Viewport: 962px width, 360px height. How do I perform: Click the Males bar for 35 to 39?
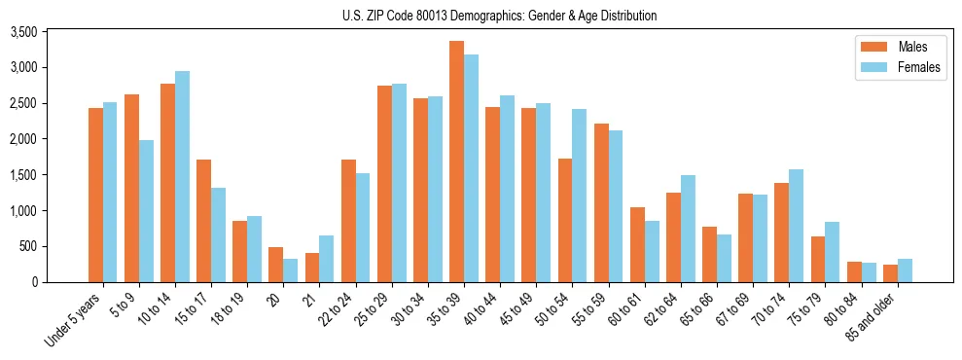tap(456, 162)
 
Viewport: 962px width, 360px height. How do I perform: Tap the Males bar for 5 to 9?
tap(131, 188)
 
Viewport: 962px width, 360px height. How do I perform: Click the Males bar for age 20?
tap(275, 265)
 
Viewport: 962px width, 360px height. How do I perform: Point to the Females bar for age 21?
tap(326, 259)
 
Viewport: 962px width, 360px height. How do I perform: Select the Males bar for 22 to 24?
tap(348, 221)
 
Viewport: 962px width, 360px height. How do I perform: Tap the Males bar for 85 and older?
tap(890, 273)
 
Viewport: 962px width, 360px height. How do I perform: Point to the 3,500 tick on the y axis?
tap(50, 32)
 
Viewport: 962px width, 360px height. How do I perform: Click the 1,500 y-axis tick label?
tap(50, 175)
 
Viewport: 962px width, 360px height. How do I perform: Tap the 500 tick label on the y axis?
tap(55, 246)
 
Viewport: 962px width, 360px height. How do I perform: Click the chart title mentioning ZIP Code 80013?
tap(499, 16)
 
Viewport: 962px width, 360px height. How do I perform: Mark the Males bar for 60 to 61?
tap(637, 244)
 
